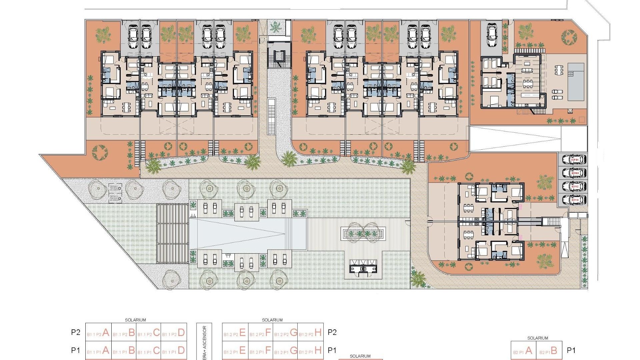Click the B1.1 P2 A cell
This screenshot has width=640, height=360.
tap(98, 333)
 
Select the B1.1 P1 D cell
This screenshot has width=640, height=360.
tap(174, 350)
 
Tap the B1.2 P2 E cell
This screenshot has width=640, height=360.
tap(235, 333)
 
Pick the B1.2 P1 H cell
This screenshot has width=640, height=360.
tap(310, 350)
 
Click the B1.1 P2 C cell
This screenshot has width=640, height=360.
tap(149, 333)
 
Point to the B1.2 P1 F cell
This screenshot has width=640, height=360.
tap(260, 350)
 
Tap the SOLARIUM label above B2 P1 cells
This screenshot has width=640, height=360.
tap(537, 338)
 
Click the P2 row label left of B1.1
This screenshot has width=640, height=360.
tap(76, 332)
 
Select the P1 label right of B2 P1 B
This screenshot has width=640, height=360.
tap(571, 350)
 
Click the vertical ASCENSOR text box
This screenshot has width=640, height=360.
tap(204, 342)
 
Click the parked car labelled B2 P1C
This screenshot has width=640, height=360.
tap(574, 186)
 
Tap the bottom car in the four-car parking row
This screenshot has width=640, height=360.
tap(574, 200)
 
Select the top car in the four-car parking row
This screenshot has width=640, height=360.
tap(574, 159)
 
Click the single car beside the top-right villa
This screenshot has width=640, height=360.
tap(492, 36)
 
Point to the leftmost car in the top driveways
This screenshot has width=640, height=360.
tap(133, 37)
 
